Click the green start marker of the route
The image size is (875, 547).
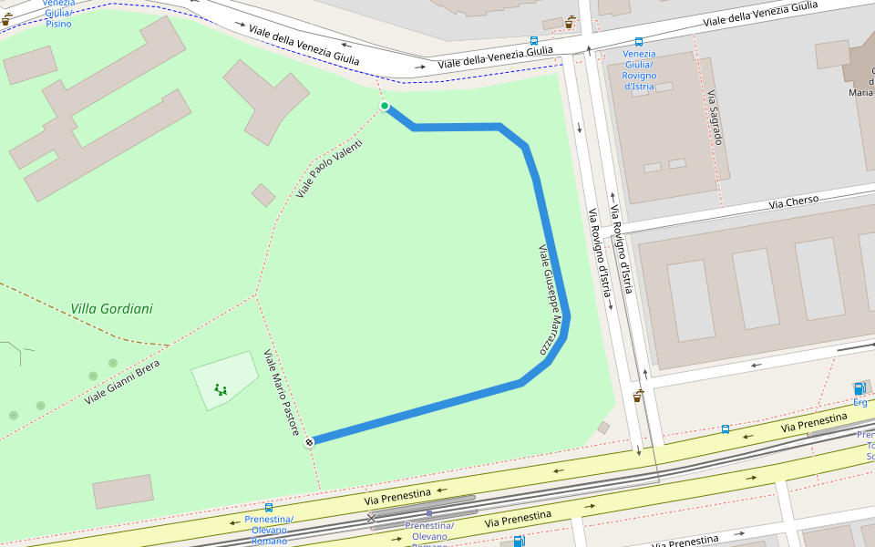click(x=385, y=107)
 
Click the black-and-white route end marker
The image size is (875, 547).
click(x=310, y=442)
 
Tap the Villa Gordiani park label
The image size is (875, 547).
click(x=111, y=309)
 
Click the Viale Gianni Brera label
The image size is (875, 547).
click(x=122, y=382)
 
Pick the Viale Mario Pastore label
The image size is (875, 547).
click(x=282, y=392)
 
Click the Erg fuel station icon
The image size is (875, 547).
click(x=859, y=388)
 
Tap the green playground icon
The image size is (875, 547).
click(x=221, y=389)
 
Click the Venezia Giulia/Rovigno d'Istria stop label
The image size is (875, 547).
click(x=639, y=69)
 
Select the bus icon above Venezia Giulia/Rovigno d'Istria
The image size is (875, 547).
click(x=639, y=42)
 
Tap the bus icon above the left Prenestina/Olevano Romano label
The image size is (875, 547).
click(x=268, y=508)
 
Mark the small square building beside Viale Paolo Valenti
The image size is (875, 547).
click(x=263, y=195)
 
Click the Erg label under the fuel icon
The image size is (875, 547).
click(x=860, y=402)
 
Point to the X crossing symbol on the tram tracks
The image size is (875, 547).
click(x=371, y=519)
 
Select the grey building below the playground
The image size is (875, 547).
click(x=123, y=491)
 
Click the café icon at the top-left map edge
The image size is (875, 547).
click(x=5, y=18)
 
